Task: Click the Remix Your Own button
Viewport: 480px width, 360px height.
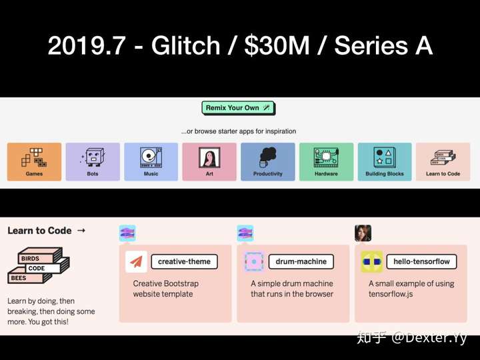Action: pyautogui.click(x=238, y=108)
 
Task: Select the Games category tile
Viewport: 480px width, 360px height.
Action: pyautogui.click(x=34, y=161)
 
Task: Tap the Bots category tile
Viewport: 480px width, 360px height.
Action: pyautogui.click(x=93, y=161)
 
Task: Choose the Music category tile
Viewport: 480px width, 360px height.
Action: pyautogui.click(x=151, y=161)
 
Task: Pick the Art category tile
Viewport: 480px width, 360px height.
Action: pyautogui.click(x=209, y=161)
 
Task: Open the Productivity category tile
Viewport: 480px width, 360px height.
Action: pyautogui.click(x=268, y=161)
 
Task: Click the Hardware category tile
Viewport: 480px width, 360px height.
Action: pyautogui.click(x=326, y=161)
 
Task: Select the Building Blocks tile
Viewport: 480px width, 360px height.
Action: pyautogui.click(x=385, y=161)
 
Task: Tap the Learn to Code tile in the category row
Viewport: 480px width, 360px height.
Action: pyautogui.click(x=443, y=161)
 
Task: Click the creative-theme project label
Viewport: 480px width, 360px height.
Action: pyautogui.click(x=184, y=262)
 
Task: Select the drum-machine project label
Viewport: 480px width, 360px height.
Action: pyautogui.click(x=301, y=262)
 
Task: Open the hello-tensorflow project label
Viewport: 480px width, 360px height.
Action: pyautogui.click(x=421, y=262)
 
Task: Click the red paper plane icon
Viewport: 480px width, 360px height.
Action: pyautogui.click(x=136, y=262)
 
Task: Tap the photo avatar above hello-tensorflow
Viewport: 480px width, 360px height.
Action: pyautogui.click(x=363, y=233)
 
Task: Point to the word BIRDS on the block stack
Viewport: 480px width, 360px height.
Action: pyautogui.click(x=30, y=259)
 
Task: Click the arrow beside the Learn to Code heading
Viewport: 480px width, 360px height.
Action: pyautogui.click(x=81, y=230)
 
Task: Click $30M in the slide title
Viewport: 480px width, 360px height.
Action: pyautogui.click(x=277, y=45)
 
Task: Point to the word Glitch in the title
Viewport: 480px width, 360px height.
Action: pyautogui.click(x=185, y=45)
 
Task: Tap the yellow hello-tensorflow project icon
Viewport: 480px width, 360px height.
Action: pyautogui.click(x=371, y=262)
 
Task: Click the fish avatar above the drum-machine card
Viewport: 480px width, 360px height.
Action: pyautogui.click(x=245, y=233)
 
